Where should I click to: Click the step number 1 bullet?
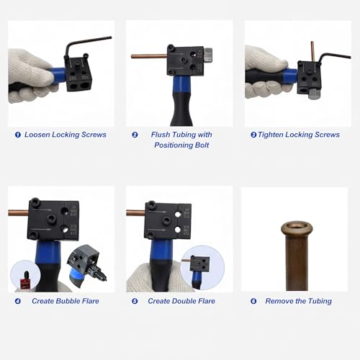[x=18, y=135]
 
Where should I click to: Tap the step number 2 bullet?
[x=135, y=135]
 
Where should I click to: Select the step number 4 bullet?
[x=18, y=301]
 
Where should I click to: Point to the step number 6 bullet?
[x=253, y=301]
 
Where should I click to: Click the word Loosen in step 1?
[x=37, y=135]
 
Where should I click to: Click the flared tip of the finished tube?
[x=297, y=228]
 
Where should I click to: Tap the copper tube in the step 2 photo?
[x=149, y=56]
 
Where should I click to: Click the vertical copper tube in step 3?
[x=312, y=51]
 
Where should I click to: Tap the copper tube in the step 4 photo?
[x=18, y=212]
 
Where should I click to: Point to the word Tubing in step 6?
[x=320, y=302]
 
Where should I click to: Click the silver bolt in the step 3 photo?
[x=314, y=94]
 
